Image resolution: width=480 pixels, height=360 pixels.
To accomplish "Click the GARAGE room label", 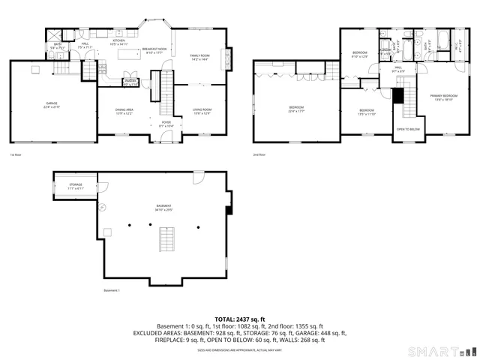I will pos(51,103).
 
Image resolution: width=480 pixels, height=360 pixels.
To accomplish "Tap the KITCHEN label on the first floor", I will pos(119,41).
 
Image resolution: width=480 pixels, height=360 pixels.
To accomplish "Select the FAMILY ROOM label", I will pos(199,56).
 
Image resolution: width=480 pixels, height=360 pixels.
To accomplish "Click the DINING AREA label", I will pos(124,110).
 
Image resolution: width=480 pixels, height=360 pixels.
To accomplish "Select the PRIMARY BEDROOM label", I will pos(444,96).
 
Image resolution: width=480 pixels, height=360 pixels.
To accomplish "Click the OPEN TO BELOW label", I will pos(408,130).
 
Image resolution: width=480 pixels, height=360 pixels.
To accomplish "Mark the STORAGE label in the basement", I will pos(76,184).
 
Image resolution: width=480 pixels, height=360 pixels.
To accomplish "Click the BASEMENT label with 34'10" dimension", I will pos(163,206).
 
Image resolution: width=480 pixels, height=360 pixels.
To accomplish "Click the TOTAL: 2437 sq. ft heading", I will pos(240,319).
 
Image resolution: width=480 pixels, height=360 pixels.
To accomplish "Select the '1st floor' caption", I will pos(15,155).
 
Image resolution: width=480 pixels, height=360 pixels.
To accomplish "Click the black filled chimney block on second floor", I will pos(398,96).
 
